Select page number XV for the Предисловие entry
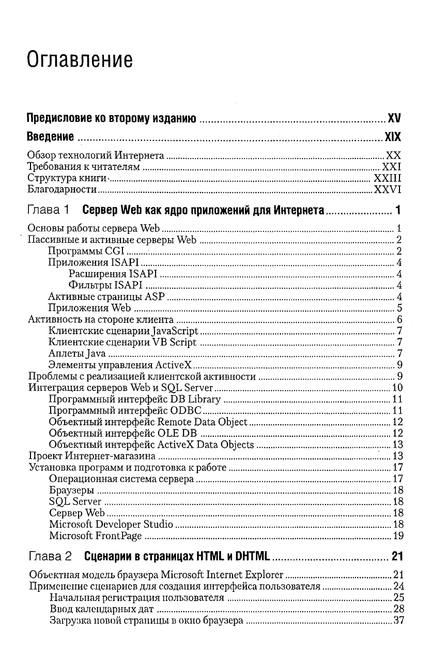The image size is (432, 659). pyautogui.click(x=395, y=119)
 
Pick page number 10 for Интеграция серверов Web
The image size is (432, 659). pyautogui.click(x=397, y=388)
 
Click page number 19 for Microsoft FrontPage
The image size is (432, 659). pyautogui.click(x=397, y=536)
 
